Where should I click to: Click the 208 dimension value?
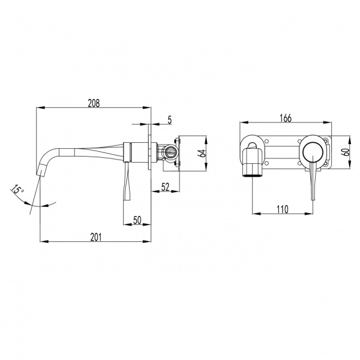[94, 103]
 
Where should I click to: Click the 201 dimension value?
[96, 237]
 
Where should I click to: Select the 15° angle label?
[17, 190]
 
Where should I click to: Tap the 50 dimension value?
[137, 220]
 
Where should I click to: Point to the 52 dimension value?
[166, 187]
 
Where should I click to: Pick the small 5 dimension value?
[170, 120]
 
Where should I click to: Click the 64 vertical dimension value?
[202, 153]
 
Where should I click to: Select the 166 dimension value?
[286, 118]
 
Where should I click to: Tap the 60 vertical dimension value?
[346, 152]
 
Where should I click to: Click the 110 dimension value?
[283, 209]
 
